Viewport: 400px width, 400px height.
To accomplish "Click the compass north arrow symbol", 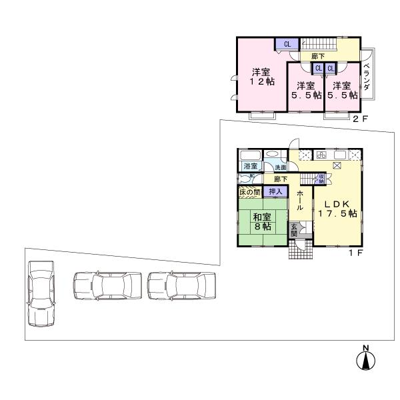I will click(x=365, y=359).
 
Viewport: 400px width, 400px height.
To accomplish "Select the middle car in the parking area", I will click(x=107, y=287).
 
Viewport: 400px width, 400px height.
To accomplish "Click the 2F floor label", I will click(x=360, y=119).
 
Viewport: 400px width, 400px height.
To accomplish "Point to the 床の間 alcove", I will click(x=251, y=192).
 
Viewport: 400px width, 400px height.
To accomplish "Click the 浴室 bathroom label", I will click(x=250, y=165).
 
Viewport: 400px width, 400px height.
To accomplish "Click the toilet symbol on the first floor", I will click(x=245, y=179).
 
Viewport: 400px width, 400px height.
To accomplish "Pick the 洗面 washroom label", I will click(x=273, y=167).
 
